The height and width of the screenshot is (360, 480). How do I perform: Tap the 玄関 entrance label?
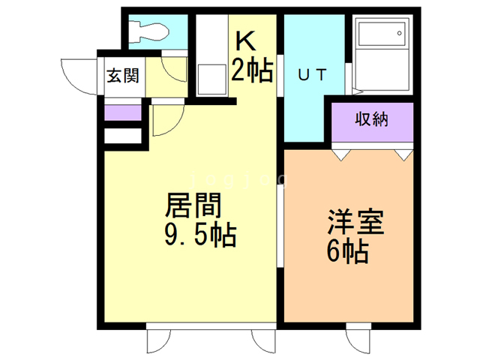coord(120,76)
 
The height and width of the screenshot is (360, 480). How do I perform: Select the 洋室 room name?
coord(355,223)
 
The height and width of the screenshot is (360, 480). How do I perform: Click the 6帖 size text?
coord(346,251)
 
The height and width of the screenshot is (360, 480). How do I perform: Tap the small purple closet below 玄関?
coord(121,114)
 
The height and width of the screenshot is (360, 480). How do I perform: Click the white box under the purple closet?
coord(121,137)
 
